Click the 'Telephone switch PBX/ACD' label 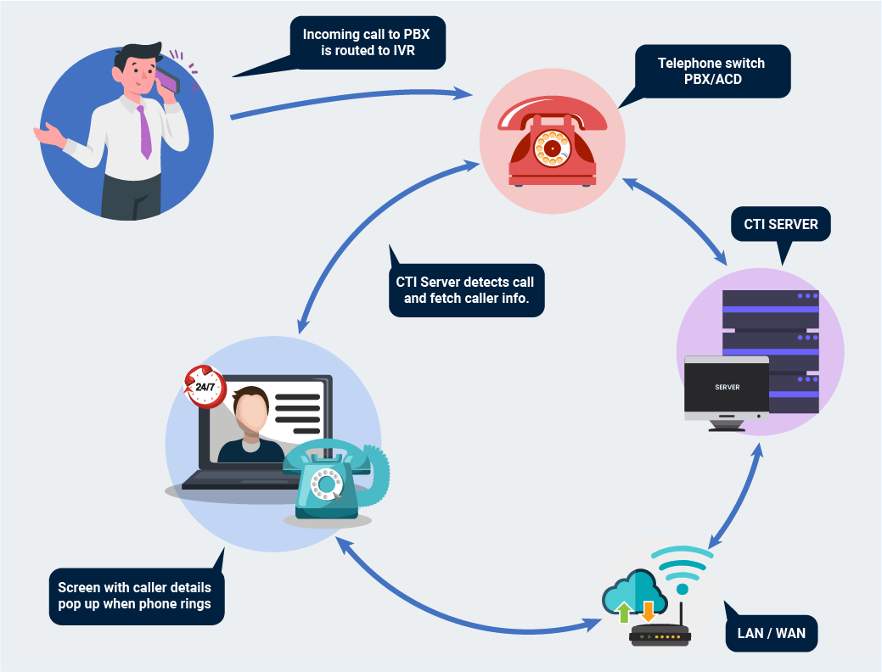(x=712, y=71)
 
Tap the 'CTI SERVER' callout (x=780, y=225)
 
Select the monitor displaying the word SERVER (x=727, y=388)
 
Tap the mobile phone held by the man (x=167, y=81)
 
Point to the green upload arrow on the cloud (x=624, y=611)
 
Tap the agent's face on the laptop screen (x=252, y=412)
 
